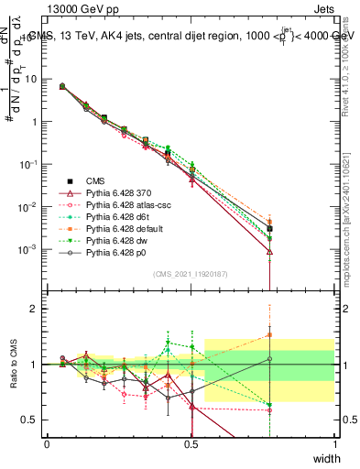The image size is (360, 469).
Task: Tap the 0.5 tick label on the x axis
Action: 191,443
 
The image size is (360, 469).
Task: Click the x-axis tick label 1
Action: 335,443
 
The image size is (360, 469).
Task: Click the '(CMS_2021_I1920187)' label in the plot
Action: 191,273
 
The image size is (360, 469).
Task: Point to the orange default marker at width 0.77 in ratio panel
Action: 269,334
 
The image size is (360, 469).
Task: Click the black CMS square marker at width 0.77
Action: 269,229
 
